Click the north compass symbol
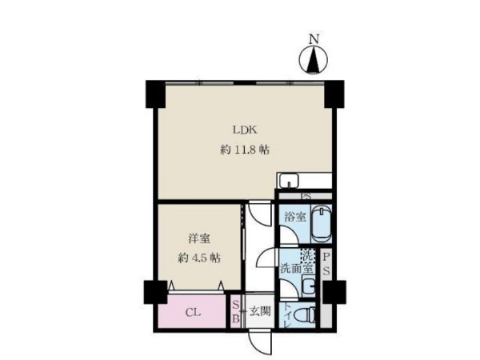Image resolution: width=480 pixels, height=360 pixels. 313,60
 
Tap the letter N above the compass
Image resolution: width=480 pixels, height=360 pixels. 314,39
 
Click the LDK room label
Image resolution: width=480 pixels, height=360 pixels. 245,130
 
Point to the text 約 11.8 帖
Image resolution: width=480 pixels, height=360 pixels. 245,150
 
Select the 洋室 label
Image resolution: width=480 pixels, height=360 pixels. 199,238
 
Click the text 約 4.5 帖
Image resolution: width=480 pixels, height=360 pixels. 199,258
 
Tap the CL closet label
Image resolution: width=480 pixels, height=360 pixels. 194,313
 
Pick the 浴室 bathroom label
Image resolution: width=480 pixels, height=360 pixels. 295,217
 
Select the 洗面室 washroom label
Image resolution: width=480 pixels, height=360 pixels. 297,269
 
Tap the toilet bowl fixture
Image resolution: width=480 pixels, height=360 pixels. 304,315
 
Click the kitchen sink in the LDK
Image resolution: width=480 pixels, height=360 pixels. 288,181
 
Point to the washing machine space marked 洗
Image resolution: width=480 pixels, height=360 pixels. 307,256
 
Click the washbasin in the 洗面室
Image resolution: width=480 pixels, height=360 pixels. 309,286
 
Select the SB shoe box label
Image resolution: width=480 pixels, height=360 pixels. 235,312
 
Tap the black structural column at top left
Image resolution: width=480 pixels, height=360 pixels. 155,94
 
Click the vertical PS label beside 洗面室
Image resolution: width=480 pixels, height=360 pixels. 326,263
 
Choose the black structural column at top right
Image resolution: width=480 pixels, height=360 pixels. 334,94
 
